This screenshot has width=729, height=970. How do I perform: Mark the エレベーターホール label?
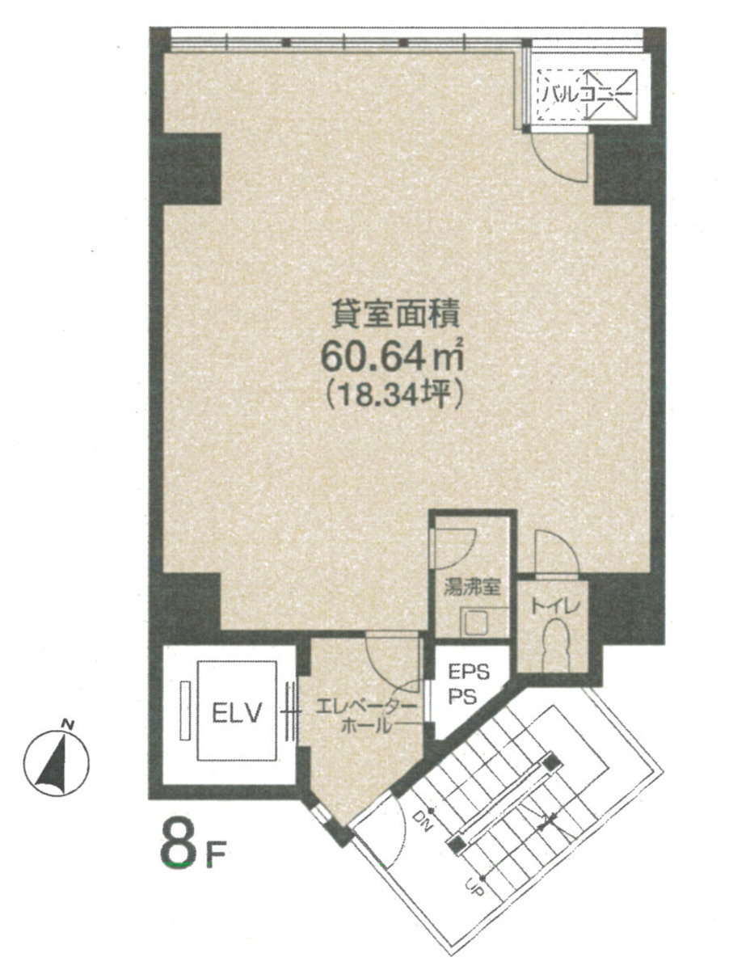tap(367, 715)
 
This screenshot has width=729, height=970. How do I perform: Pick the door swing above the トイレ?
tap(554, 551)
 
